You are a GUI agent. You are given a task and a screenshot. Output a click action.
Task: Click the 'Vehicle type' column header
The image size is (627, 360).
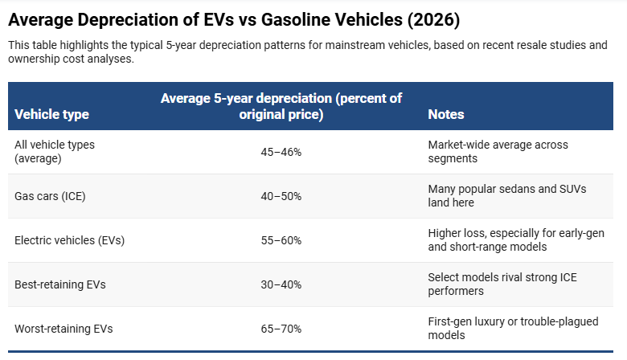(51, 114)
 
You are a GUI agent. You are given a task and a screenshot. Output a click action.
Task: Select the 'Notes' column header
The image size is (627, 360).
(446, 114)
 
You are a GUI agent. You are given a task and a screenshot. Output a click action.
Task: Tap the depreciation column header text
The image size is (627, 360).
(281, 106)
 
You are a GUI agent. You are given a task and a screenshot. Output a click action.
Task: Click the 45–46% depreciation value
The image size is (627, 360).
(281, 152)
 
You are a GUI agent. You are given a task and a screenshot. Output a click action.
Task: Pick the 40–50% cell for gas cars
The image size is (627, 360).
(281, 196)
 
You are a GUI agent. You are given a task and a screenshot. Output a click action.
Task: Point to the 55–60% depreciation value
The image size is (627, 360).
(281, 240)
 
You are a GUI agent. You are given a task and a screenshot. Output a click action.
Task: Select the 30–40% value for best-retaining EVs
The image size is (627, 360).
(281, 284)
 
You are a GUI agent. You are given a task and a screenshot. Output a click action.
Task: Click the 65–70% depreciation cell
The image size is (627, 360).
(281, 329)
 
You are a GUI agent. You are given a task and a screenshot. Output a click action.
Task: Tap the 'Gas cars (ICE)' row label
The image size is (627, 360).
(50, 196)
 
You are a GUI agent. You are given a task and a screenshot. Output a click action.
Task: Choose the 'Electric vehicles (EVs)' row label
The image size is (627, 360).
(70, 240)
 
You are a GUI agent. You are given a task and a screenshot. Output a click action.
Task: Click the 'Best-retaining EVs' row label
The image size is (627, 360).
(60, 284)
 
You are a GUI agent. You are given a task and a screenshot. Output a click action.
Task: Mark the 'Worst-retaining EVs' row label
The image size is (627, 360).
(64, 329)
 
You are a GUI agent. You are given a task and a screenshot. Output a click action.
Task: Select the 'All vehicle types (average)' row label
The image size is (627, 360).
(55, 151)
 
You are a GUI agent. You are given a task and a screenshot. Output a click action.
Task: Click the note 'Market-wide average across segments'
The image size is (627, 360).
(498, 151)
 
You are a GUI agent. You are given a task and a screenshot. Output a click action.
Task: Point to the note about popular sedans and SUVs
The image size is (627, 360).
(507, 196)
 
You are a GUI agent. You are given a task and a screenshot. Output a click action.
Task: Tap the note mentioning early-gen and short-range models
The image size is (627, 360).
(516, 239)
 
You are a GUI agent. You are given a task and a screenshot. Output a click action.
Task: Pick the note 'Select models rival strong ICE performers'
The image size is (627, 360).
(502, 284)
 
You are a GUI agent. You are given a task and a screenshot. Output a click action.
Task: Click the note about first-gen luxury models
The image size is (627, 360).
(513, 329)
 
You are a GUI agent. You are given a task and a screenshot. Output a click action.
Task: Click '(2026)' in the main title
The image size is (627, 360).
(434, 19)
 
